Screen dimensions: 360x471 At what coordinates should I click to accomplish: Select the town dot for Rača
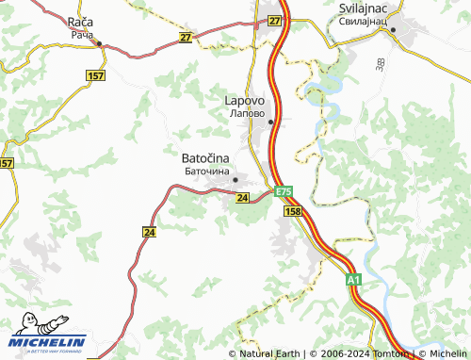(99, 43)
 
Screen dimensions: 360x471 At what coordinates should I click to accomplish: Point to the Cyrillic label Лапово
(248, 111)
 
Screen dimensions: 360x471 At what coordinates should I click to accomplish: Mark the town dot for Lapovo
(270, 122)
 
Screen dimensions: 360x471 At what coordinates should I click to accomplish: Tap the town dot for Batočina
(235, 179)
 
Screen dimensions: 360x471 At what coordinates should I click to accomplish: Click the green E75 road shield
(284, 192)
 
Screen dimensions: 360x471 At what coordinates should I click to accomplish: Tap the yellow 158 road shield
(292, 213)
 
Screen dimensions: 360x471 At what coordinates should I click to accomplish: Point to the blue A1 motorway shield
(352, 281)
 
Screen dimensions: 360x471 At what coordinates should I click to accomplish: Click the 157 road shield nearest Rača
(95, 74)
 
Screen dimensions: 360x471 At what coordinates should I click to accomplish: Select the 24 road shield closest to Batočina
(243, 198)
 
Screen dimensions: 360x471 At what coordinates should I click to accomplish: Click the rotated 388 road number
(378, 64)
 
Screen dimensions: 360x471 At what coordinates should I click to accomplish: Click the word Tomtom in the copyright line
(386, 353)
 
